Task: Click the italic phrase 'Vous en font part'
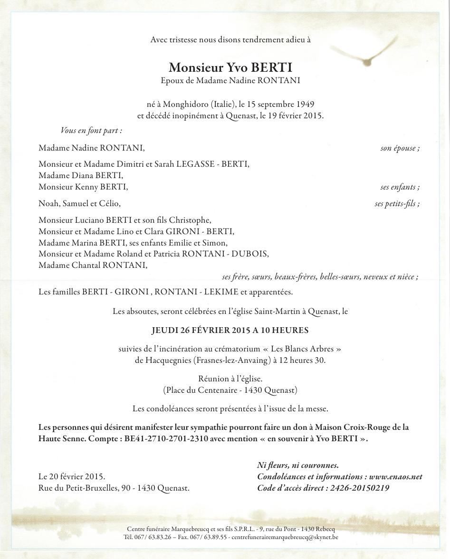point(91,130)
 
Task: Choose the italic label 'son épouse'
point(399,148)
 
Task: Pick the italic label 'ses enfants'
point(399,187)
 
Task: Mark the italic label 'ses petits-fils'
point(396,204)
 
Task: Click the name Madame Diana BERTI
point(81,175)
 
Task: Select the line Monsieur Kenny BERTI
point(83,187)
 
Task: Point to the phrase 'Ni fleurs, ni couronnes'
point(297,465)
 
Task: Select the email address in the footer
point(285,538)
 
